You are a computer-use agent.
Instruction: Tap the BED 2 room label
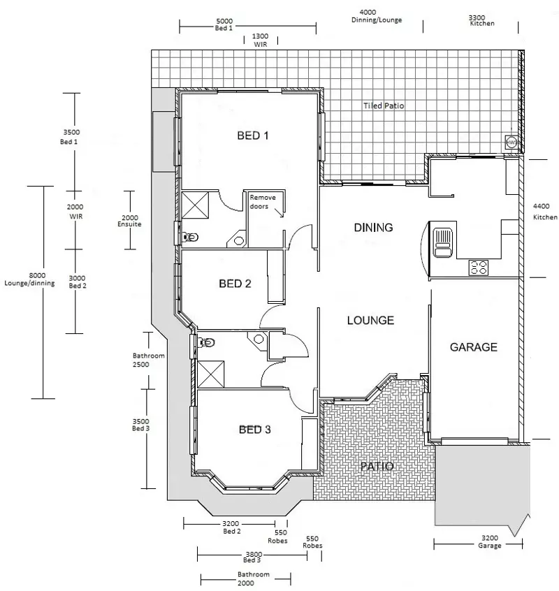tap(235, 284)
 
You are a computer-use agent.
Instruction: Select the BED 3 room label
tap(254, 430)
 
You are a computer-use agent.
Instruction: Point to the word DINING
tap(373, 227)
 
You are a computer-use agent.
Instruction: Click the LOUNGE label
tap(370, 321)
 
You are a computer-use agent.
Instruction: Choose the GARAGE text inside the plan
tap(473, 346)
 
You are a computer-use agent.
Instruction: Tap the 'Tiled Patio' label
tap(383, 106)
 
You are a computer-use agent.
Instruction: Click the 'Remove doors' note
tap(263, 202)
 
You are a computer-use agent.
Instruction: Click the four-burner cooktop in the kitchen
tap(479, 267)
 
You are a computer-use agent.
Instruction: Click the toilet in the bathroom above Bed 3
tap(208, 342)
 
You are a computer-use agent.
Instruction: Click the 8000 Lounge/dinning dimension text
tap(34, 279)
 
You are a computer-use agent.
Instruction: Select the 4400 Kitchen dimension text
tap(545, 212)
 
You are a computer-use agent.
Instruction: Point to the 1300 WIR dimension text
tap(259, 39)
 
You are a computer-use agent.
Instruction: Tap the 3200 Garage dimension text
tap(490, 541)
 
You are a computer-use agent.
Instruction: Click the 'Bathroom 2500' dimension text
tap(148, 360)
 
